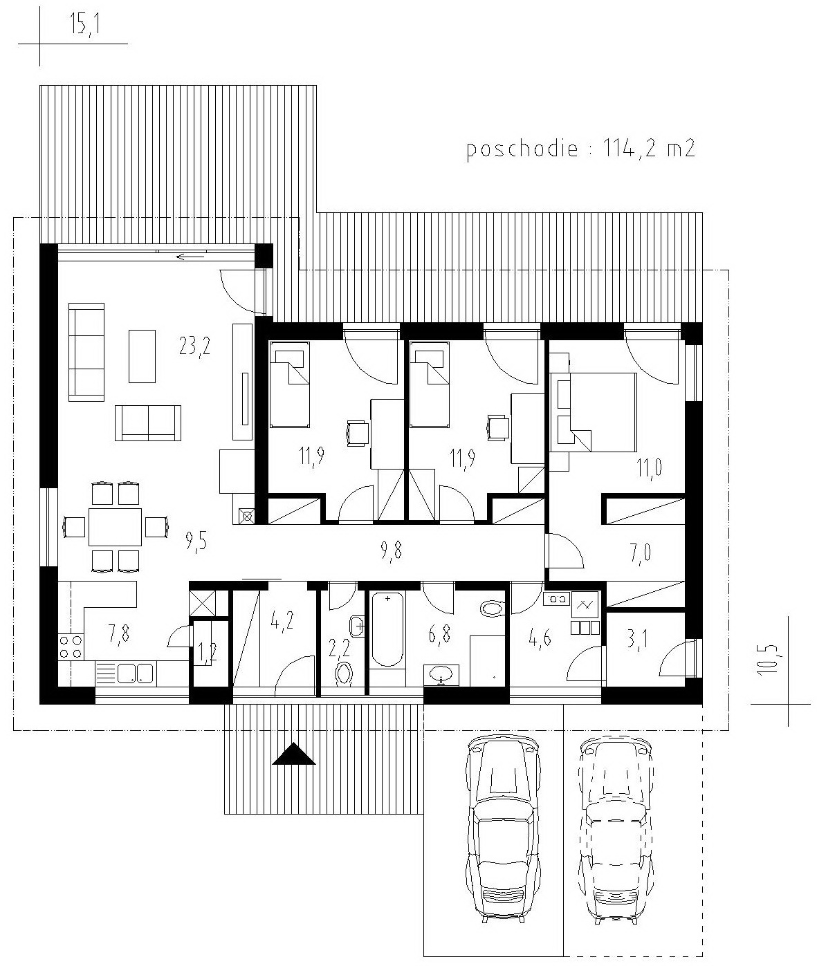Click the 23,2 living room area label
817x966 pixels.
click(x=194, y=346)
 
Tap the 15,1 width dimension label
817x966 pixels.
click(x=84, y=25)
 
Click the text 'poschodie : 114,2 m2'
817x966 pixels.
click(x=581, y=149)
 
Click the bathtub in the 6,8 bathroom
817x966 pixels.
click(x=387, y=629)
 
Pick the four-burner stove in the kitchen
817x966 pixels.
click(x=71, y=647)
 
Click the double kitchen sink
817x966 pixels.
click(x=135, y=674)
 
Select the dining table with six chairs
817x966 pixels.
click(x=115, y=527)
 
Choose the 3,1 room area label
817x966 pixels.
click(x=637, y=640)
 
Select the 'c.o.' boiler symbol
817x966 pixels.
click(x=556, y=598)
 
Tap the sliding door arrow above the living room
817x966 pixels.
click(x=191, y=257)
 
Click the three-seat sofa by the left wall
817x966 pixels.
click(x=86, y=352)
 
